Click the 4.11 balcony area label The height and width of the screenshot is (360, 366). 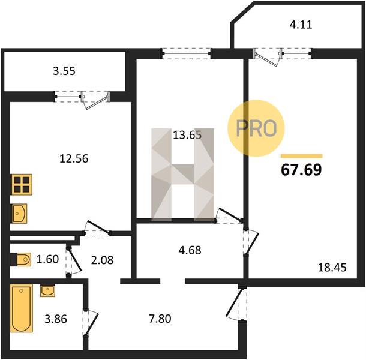pyautogui.click(x=301, y=25)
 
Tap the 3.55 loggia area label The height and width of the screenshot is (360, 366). pyautogui.click(x=64, y=71)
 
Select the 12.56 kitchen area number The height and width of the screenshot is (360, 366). pyautogui.click(x=74, y=159)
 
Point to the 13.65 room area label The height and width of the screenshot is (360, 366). pyautogui.click(x=187, y=135)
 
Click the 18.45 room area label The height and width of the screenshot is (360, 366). pyautogui.click(x=332, y=268)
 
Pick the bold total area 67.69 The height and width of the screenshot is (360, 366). pyautogui.click(x=301, y=170)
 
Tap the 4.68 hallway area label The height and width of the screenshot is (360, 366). pyautogui.click(x=190, y=250)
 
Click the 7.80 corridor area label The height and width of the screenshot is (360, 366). pyautogui.click(x=160, y=319)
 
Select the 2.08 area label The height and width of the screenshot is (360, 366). pyautogui.click(x=102, y=260)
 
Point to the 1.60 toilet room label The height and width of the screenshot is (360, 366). pyautogui.click(x=47, y=259)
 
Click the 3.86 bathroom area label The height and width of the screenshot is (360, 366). pyautogui.click(x=56, y=319)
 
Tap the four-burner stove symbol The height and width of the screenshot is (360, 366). pyautogui.click(x=22, y=184)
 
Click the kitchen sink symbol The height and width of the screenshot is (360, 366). pyautogui.click(x=19, y=214)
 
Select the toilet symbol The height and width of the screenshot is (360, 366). pyautogui.click(x=21, y=259)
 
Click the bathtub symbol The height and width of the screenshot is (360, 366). pyautogui.click(x=22, y=308)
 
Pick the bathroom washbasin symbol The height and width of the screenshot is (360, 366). pyautogui.click(x=47, y=290)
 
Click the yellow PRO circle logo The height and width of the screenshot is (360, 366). pyautogui.click(x=256, y=128)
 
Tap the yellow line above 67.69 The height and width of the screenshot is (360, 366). pyautogui.click(x=302, y=156)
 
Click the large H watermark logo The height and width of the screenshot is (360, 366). pyautogui.click(x=182, y=175)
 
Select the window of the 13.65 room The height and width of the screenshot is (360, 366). pyautogui.click(x=187, y=53)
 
